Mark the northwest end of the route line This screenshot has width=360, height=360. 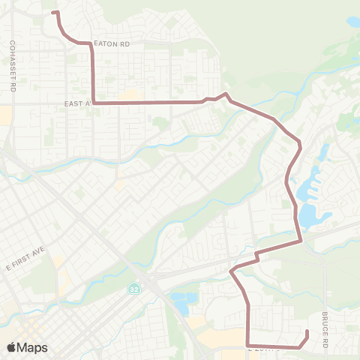coord(52,13)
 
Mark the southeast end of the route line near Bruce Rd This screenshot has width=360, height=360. coord(307,331)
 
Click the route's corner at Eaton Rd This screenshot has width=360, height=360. coord(91,44)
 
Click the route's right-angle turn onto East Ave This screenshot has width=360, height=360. coord(93,103)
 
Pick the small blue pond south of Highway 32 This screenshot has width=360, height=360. coord(182,302)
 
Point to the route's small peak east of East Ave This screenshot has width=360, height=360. coord(224,94)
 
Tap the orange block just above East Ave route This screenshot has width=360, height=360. coord(129,95)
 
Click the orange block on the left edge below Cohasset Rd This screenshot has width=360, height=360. coord(4,115)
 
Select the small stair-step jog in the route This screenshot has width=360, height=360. coord(256,256)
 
